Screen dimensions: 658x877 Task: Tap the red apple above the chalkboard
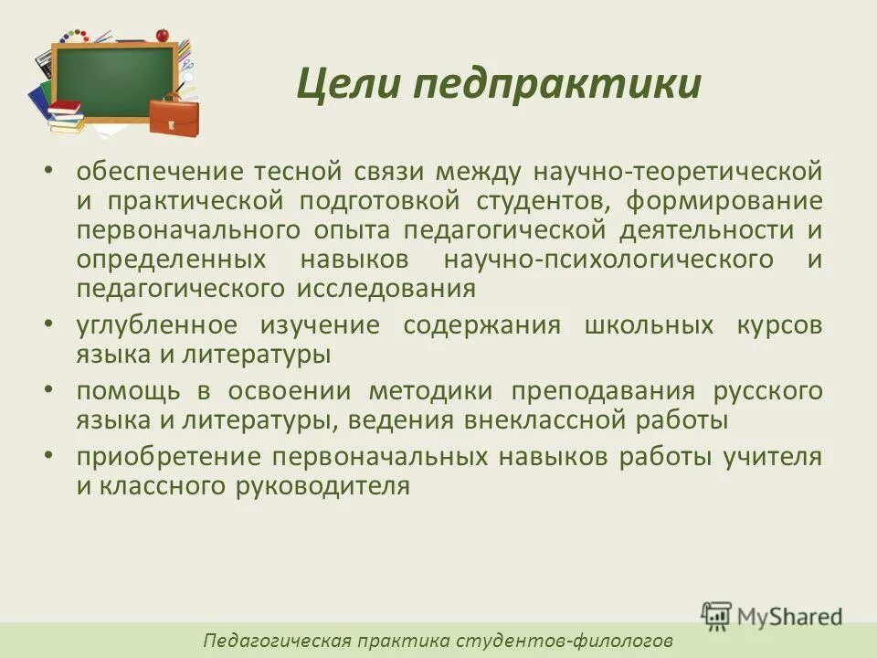click(x=163, y=35)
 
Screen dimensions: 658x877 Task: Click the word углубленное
click(x=157, y=325)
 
